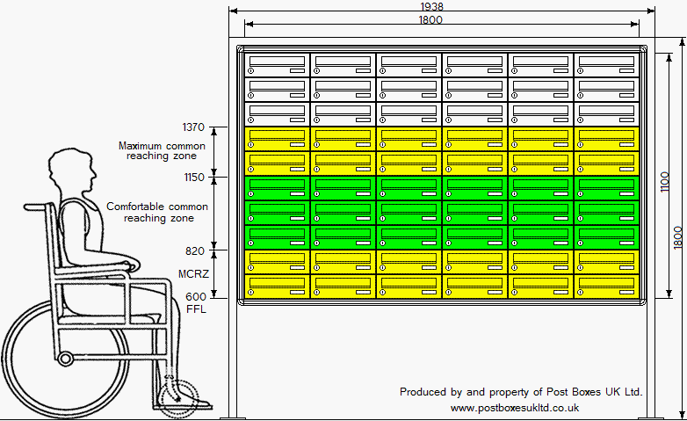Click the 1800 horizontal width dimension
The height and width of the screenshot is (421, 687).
tap(430, 19)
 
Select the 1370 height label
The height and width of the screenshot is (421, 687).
tap(192, 127)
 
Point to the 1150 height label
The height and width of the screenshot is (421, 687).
tap(192, 177)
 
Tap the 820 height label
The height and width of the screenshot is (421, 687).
tap(195, 250)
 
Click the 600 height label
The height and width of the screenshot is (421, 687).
tap(195, 297)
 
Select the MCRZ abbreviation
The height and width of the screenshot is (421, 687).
tap(192, 273)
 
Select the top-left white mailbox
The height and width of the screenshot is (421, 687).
tap(277, 65)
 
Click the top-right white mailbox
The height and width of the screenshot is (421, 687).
tap(606, 65)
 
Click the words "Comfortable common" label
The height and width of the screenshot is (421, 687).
tap(157, 207)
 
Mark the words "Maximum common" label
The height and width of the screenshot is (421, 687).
tap(162, 146)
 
